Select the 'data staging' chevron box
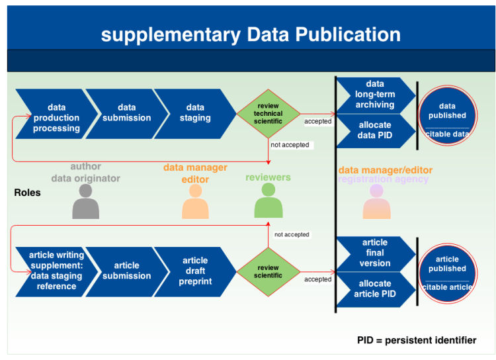click(x=195, y=114)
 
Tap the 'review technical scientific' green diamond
click(x=269, y=114)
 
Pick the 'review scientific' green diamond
click(x=269, y=272)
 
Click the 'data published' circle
click(x=447, y=116)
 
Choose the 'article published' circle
click(x=447, y=273)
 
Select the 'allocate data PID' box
click(x=376, y=131)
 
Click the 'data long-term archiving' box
click(x=376, y=95)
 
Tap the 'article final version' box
click(x=376, y=253)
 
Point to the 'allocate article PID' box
click(x=376, y=289)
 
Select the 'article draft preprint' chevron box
click(x=195, y=272)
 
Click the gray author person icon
click(x=86, y=202)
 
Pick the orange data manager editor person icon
click(x=195, y=202)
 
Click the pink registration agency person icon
click(x=376, y=202)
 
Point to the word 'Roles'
click(x=28, y=193)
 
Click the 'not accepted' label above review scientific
click(x=292, y=235)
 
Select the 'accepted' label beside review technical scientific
click(x=318, y=121)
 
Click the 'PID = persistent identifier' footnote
click(x=417, y=340)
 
